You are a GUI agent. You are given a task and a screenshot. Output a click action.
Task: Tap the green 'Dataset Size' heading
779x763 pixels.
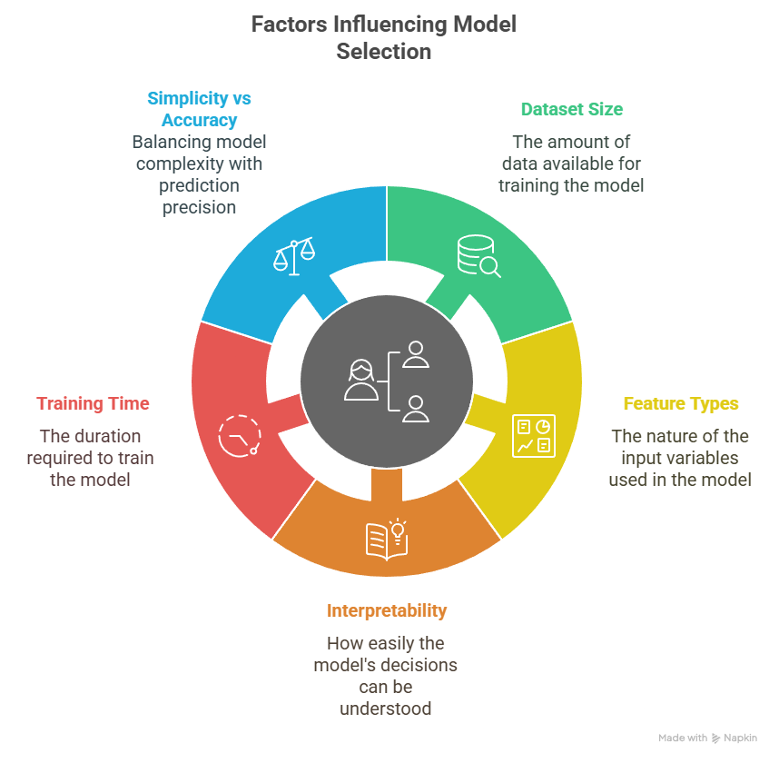(x=571, y=109)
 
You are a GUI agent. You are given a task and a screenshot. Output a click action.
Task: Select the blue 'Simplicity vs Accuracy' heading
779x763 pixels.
(x=199, y=109)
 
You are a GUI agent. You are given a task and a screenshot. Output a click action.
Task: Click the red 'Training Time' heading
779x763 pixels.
(x=93, y=403)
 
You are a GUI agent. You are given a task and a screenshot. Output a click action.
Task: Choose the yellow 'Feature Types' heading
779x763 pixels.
(x=680, y=403)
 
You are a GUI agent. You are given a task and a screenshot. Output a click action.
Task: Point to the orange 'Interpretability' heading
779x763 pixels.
(x=386, y=610)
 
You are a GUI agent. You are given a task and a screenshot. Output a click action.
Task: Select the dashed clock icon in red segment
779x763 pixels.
(x=240, y=434)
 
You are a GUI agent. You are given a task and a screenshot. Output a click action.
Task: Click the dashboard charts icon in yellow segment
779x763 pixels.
(x=532, y=435)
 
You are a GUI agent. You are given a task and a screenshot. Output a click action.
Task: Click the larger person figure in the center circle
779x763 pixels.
(x=360, y=380)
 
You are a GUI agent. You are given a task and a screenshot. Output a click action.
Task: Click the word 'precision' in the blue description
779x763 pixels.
(x=199, y=207)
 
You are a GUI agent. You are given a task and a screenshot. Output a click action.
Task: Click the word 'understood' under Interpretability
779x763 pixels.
(x=386, y=708)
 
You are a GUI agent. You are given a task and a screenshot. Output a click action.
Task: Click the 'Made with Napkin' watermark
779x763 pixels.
(x=707, y=738)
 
